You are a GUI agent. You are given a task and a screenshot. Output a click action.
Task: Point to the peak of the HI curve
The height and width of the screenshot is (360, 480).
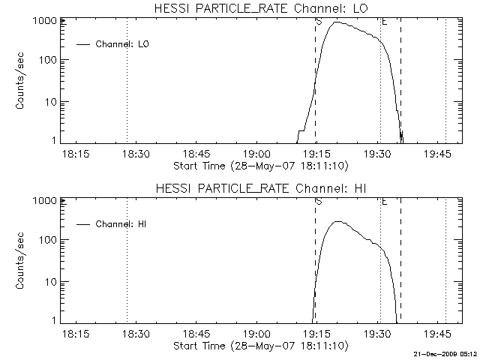(337, 222)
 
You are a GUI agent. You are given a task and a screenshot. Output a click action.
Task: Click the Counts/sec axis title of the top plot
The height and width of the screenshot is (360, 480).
(21, 80)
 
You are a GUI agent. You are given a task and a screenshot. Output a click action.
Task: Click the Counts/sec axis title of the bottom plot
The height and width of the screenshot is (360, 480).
(21, 260)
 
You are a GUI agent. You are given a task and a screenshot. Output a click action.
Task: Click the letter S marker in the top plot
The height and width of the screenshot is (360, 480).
(319, 21)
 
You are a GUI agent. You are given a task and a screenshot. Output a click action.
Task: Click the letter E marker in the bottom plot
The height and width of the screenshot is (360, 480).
(385, 201)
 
